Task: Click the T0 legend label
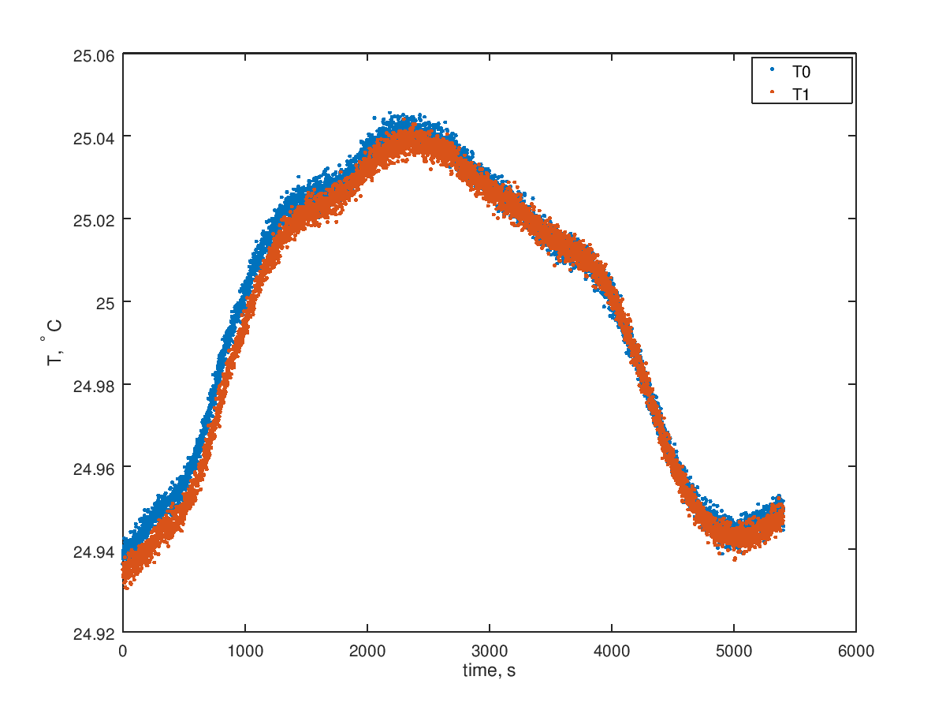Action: click(x=801, y=72)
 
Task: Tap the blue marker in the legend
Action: click(x=773, y=71)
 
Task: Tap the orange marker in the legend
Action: click(x=773, y=92)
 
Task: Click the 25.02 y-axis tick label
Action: click(x=93, y=220)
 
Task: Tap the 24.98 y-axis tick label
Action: click(x=93, y=385)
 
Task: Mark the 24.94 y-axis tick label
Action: click(x=93, y=551)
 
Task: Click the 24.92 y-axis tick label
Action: click(x=93, y=633)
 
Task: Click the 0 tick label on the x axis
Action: click(x=123, y=651)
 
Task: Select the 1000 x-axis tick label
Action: click(x=245, y=651)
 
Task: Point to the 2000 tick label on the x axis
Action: click(x=367, y=651)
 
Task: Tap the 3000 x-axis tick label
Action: click(x=490, y=651)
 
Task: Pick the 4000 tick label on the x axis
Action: click(x=612, y=651)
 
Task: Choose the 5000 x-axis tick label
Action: click(x=734, y=651)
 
